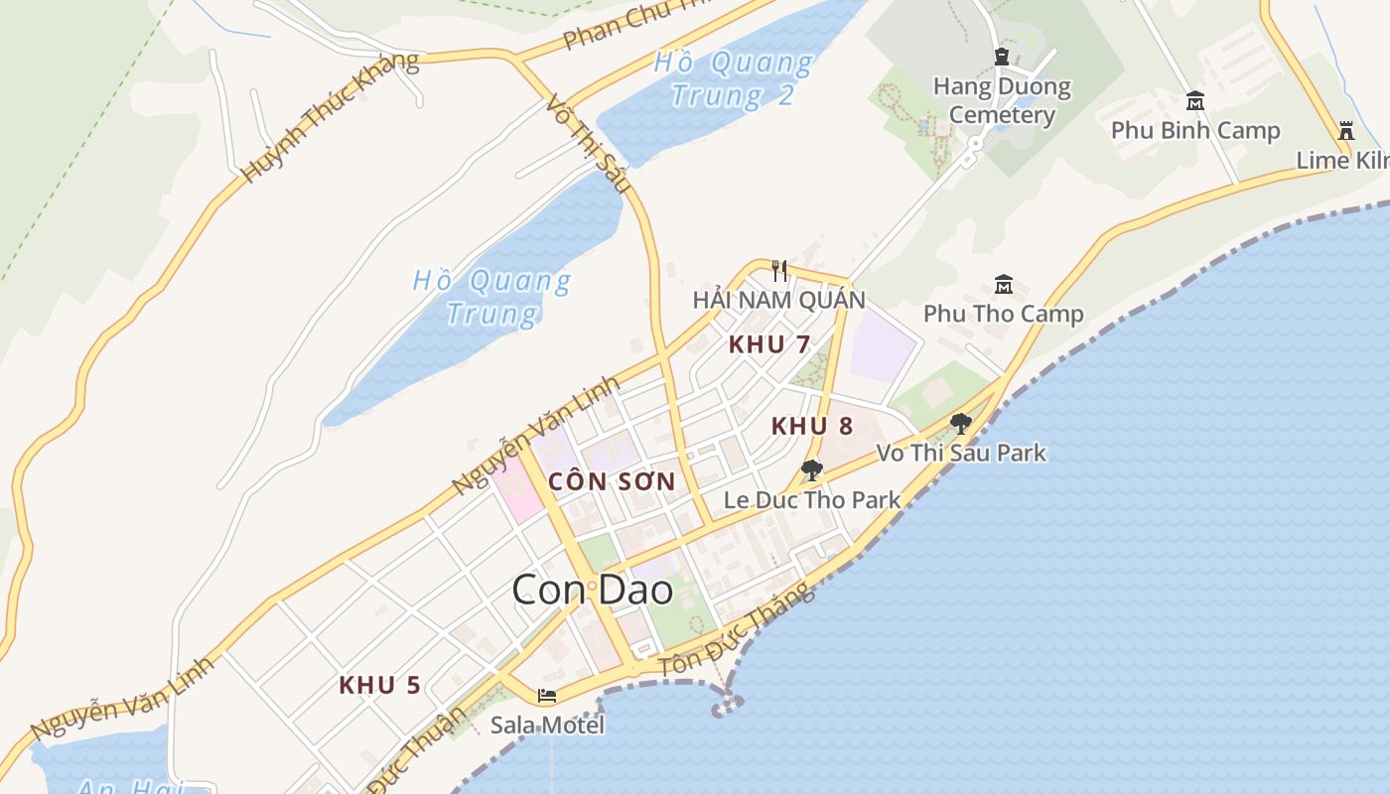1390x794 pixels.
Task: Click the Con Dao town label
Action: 593,591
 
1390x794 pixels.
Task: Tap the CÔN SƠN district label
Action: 612,482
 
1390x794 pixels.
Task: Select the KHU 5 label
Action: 379,685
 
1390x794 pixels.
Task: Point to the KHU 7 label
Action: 769,344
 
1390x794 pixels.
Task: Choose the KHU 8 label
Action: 812,426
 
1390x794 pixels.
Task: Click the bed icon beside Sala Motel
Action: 546,696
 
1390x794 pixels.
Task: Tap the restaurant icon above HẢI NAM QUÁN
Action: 779,270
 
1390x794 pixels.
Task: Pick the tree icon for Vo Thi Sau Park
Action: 960,424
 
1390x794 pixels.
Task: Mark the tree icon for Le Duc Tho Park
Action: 811,470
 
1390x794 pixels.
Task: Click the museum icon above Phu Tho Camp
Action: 1003,285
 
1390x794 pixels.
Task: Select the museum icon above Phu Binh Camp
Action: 1195,101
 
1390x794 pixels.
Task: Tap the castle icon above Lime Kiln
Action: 1346,130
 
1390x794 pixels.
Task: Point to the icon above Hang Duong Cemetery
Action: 1002,58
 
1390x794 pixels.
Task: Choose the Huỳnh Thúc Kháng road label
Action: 330,117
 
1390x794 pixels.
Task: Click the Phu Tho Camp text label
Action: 1003,314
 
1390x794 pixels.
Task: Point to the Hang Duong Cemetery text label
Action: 1002,100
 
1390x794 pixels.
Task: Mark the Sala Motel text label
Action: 547,725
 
